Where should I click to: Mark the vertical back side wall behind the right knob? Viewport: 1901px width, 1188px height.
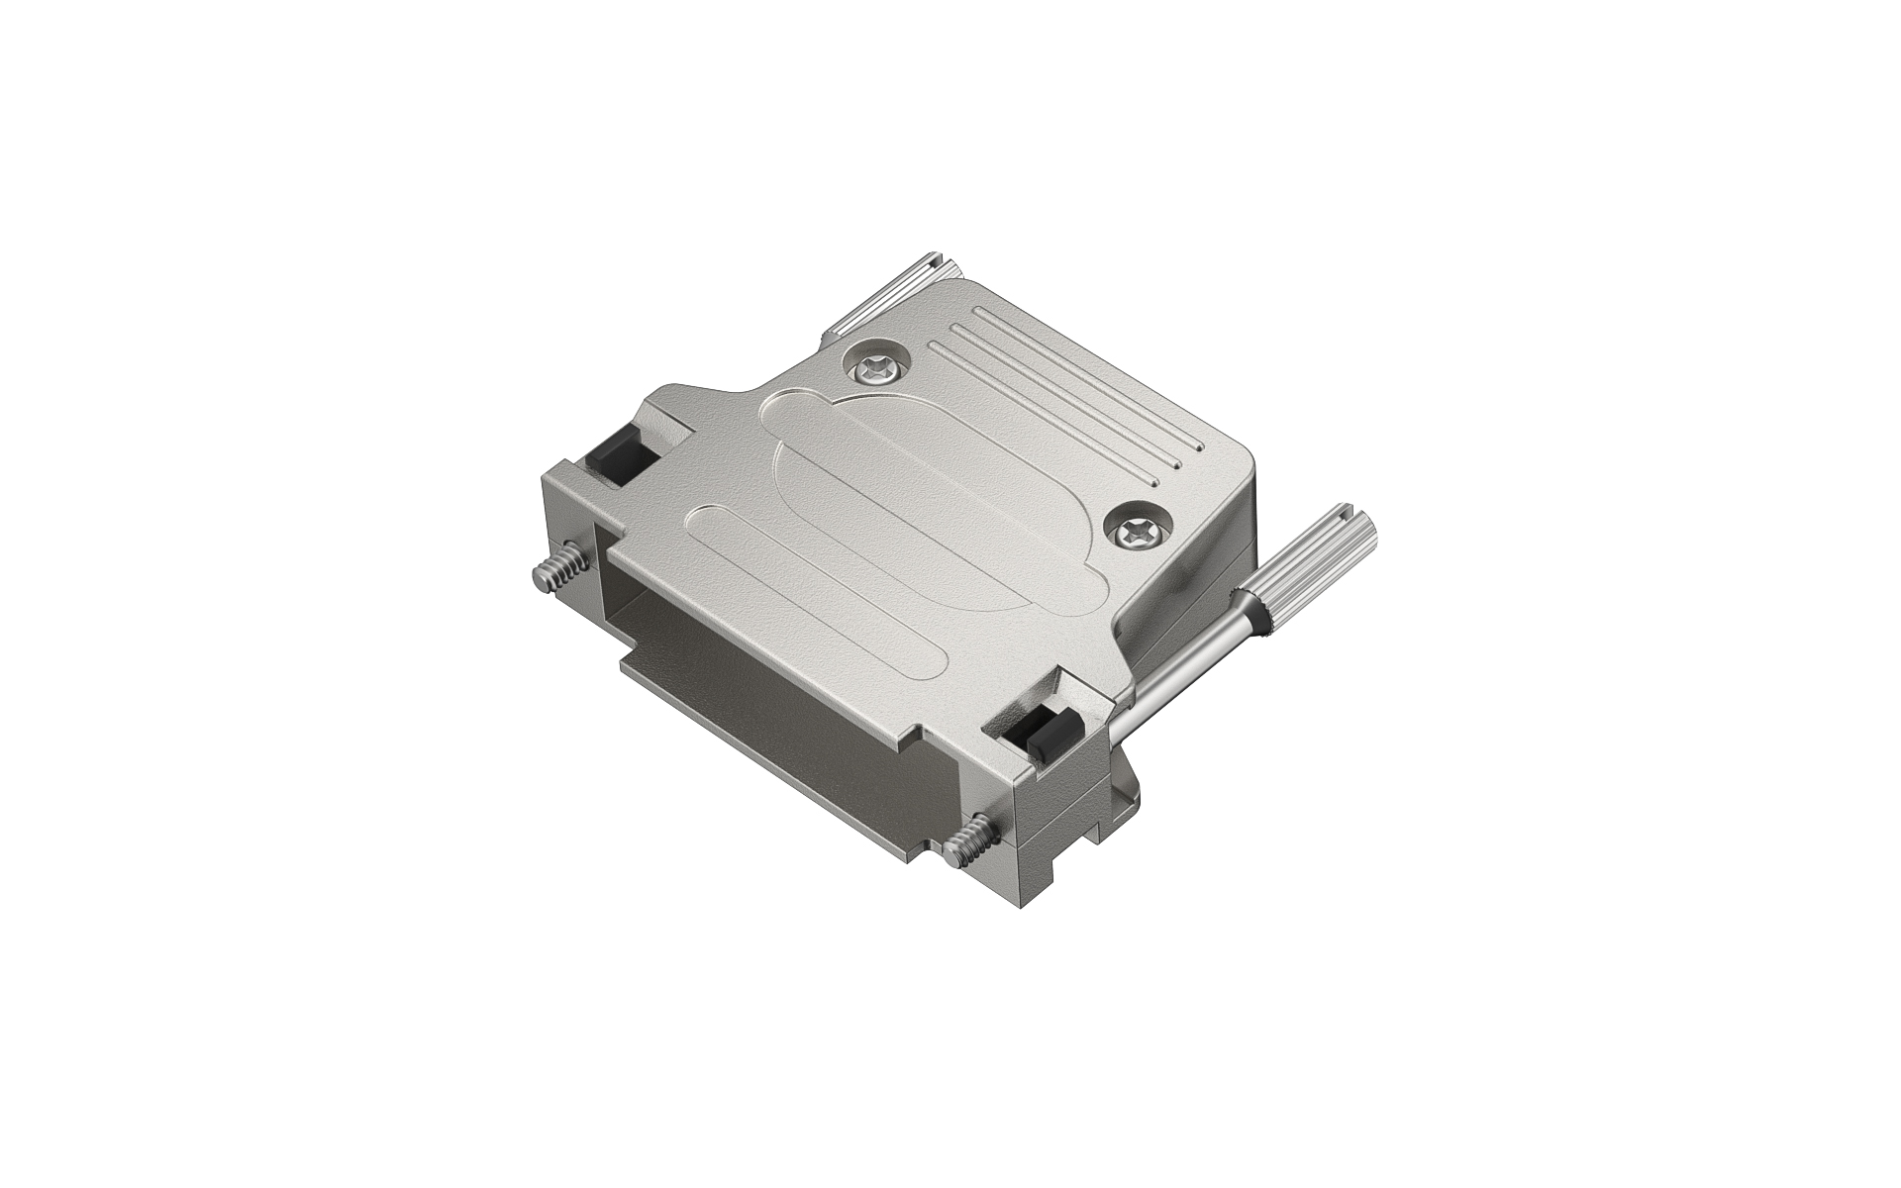1238,554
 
